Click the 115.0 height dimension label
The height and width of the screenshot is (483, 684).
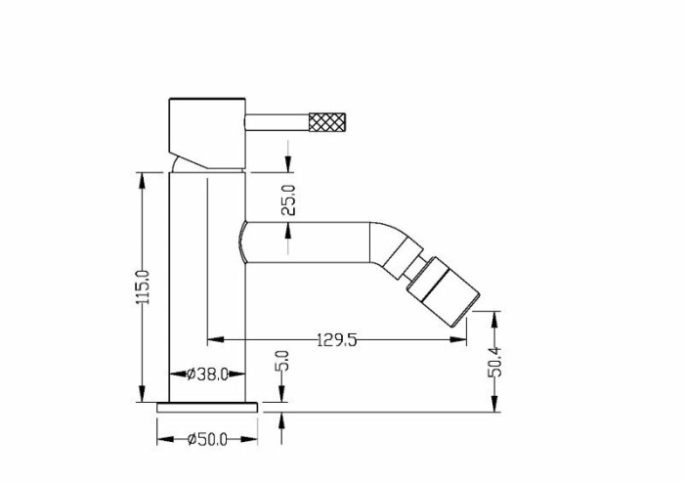[144, 287]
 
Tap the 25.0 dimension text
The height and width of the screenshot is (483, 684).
[288, 199]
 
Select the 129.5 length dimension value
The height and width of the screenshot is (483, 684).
[337, 339]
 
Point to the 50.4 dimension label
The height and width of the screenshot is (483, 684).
[495, 362]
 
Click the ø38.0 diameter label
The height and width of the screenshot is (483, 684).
[207, 373]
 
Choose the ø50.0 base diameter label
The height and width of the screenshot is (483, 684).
[207, 439]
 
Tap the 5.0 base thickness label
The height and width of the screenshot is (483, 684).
[282, 361]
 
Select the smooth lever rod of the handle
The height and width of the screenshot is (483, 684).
[277, 122]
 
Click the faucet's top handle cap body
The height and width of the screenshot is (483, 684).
[207, 133]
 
